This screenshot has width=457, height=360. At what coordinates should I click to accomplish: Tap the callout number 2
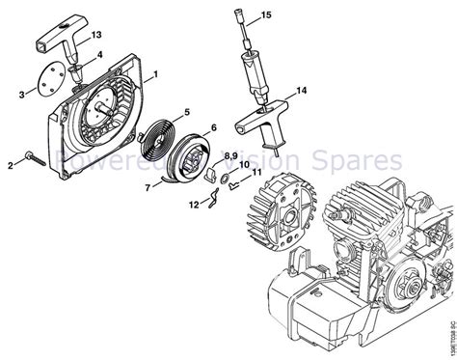tap(11, 166)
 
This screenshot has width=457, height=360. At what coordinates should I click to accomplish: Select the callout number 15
tap(293, 15)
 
